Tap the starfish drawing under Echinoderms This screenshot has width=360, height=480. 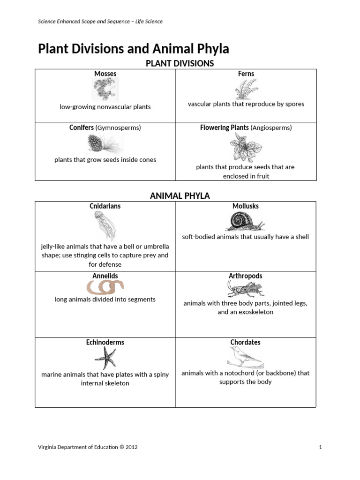click(105, 359)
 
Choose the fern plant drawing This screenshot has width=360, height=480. click(246, 89)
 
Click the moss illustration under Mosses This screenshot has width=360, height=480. click(105, 90)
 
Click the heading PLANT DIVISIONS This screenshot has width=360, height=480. click(180, 63)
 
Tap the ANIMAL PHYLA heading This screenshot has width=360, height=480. click(180, 196)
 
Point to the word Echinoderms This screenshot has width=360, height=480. click(105, 342)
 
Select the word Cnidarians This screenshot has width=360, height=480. click(105, 206)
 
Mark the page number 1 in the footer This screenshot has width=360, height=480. click(320, 447)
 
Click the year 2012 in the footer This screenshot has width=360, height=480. click(130, 447)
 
